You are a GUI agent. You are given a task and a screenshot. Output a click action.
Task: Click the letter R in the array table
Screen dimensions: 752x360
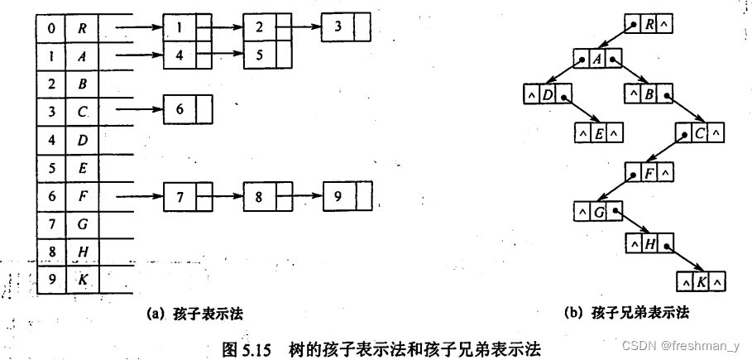82,28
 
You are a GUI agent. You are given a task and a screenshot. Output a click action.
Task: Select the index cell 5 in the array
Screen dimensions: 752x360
52,168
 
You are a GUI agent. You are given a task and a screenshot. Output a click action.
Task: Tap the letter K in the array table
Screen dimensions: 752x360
82,279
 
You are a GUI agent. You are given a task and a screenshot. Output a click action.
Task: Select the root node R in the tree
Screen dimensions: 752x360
648,25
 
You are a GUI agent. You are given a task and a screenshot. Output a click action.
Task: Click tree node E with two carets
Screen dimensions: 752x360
600,131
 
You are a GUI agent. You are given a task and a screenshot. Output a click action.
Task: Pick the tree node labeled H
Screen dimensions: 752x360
648,243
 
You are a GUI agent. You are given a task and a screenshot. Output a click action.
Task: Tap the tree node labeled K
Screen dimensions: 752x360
700,281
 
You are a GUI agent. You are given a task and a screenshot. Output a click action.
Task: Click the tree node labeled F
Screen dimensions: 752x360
648,173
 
